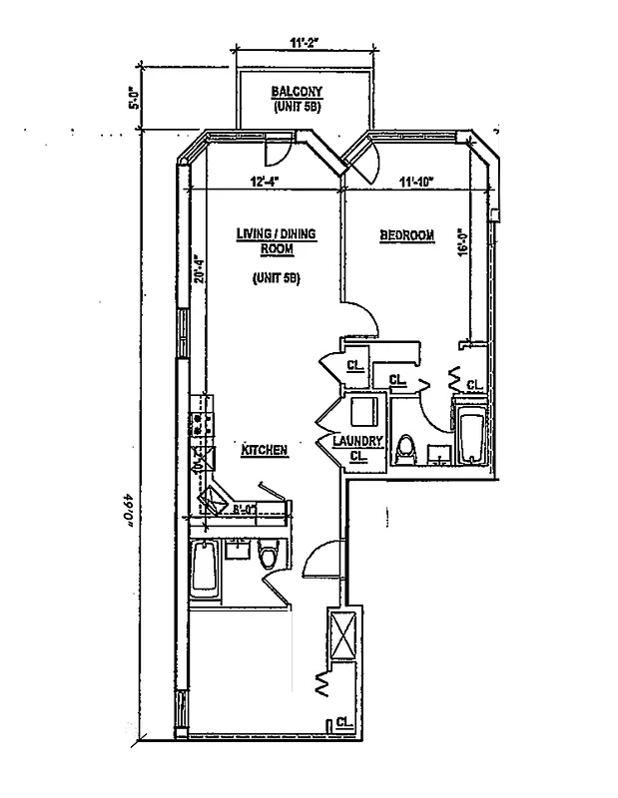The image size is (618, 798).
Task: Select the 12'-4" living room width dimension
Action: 264,181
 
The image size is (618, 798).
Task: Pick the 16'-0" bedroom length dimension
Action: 461,245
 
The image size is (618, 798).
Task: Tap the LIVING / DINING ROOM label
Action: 276,240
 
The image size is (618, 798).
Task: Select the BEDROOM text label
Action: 406,235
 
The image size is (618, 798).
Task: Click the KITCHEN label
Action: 265,451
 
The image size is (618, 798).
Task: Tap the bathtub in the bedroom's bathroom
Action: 469,435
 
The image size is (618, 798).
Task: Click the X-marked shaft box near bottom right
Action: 341,634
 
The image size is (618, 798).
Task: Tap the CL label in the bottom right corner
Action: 342,722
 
